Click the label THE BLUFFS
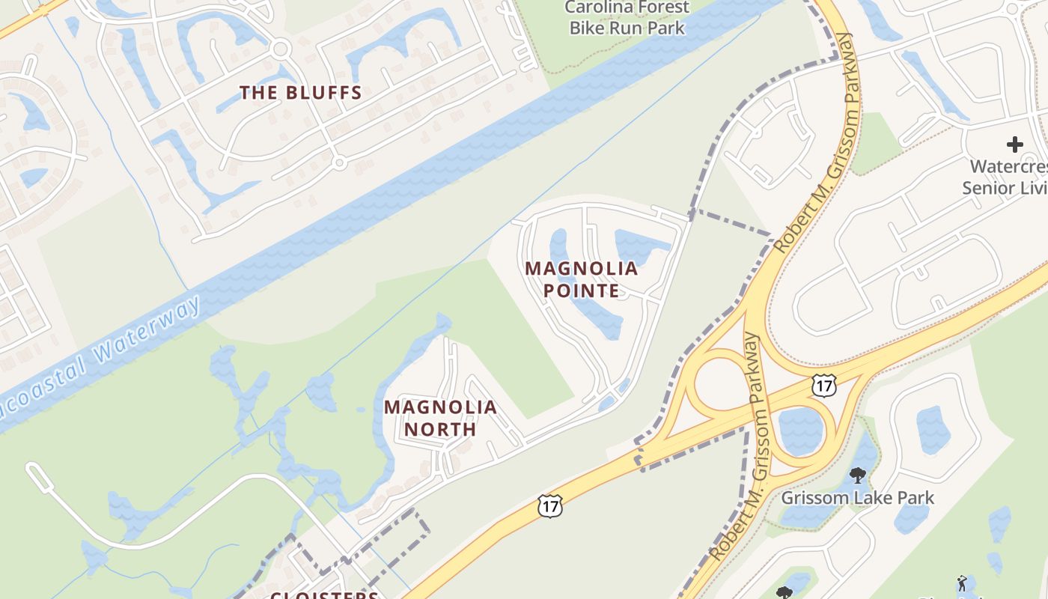coord(300,93)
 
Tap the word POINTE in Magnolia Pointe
coord(581,291)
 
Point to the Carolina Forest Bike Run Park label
coord(627,18)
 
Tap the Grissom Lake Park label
coord(857,498)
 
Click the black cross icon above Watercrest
coord(1014,144)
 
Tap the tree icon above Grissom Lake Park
coord(858,475)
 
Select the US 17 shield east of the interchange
coord(823,386)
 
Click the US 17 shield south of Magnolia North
coord(549,506)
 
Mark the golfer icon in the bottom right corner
coord(962,583)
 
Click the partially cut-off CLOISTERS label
coord(324,595)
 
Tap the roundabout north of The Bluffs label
coord(281,50)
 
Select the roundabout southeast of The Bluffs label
coord(338,162)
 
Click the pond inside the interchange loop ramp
coord(801,431)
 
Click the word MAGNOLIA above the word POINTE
coord(581,268)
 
